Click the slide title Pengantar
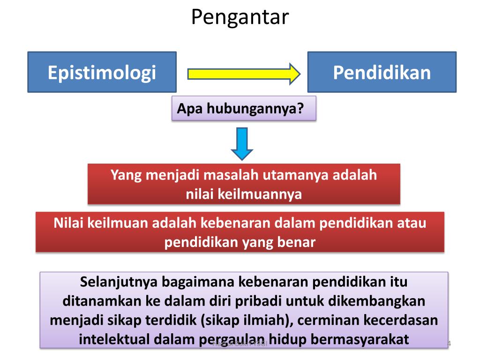tap(240, 17)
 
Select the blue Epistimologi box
tap(102, 72)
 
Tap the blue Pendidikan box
tap(382, 72)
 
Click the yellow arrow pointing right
tap(243, 74)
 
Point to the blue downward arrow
tap(242, 143)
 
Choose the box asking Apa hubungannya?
tap(244, 108)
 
